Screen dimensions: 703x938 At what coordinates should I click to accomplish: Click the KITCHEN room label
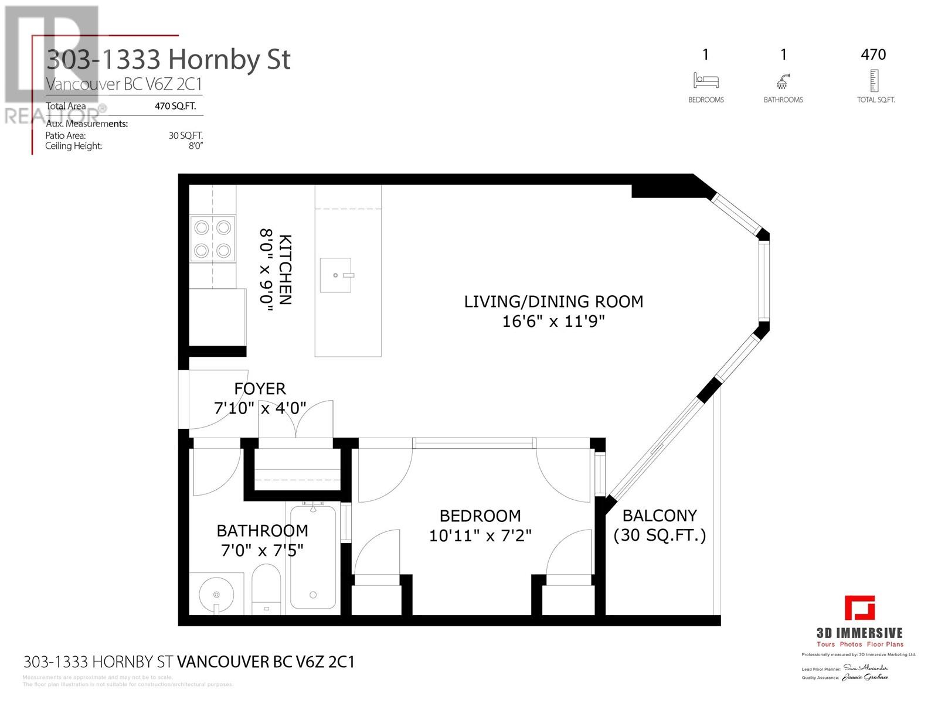(x=285, y=269)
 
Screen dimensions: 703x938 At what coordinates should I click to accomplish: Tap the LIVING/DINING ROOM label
(x=553, y=302)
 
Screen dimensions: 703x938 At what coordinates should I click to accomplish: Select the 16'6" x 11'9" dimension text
(x=553, y=321)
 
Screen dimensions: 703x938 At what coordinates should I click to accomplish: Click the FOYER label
(x=260, y=389)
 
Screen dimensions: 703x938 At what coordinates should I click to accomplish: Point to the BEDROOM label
(x=480, y=516)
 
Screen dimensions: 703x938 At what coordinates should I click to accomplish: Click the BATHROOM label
(x=262, y=531)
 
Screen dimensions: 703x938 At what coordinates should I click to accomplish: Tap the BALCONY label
(x=660, y=516)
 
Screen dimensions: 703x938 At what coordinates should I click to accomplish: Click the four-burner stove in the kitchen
(x=213, y=238)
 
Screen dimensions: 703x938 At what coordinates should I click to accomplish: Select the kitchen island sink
(x=336, y=275)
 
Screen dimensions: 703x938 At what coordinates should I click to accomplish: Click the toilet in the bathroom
(x=266, y=588)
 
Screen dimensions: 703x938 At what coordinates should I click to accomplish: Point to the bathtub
(x=313, y=557)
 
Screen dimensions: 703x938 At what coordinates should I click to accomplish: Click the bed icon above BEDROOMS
(x=706, y=80)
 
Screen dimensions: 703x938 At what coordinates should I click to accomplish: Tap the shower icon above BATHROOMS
(x=783, y=80)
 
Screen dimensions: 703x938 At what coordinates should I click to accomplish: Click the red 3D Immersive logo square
(x=859, y=608)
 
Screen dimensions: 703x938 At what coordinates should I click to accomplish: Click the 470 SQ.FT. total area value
(x=175, y=106)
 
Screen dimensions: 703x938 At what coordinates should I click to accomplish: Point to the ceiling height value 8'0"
(x=195, y=146)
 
